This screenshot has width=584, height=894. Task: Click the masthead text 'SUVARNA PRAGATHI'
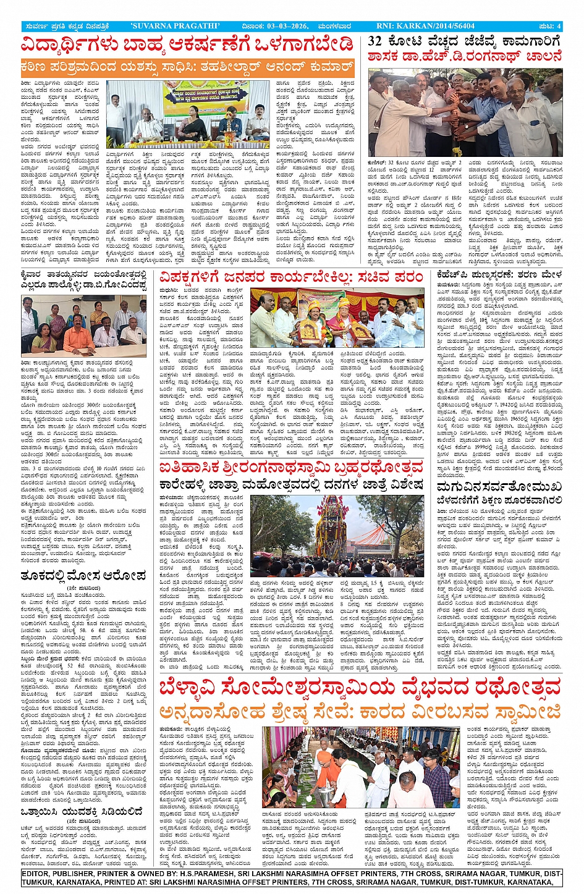[x=175, y=26]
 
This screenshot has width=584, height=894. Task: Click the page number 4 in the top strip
[x=558, y=26]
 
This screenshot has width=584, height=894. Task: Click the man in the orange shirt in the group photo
[x=78, y=334]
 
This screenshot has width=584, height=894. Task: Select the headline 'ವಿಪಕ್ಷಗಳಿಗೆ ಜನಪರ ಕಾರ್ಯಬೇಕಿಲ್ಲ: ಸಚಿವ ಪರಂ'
[x=291, y=277]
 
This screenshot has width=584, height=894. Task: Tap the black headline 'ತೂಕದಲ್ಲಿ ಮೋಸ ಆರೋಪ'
[x=83, y=576]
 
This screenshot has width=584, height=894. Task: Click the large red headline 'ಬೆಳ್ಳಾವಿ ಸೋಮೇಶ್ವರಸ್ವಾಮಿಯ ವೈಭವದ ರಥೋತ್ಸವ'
[x=360, y=687]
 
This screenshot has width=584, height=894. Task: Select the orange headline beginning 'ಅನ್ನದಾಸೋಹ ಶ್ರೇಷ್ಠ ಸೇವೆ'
[x=360, y=711]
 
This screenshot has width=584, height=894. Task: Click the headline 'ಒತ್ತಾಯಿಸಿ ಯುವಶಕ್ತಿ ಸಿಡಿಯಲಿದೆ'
[x=82, y=812]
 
